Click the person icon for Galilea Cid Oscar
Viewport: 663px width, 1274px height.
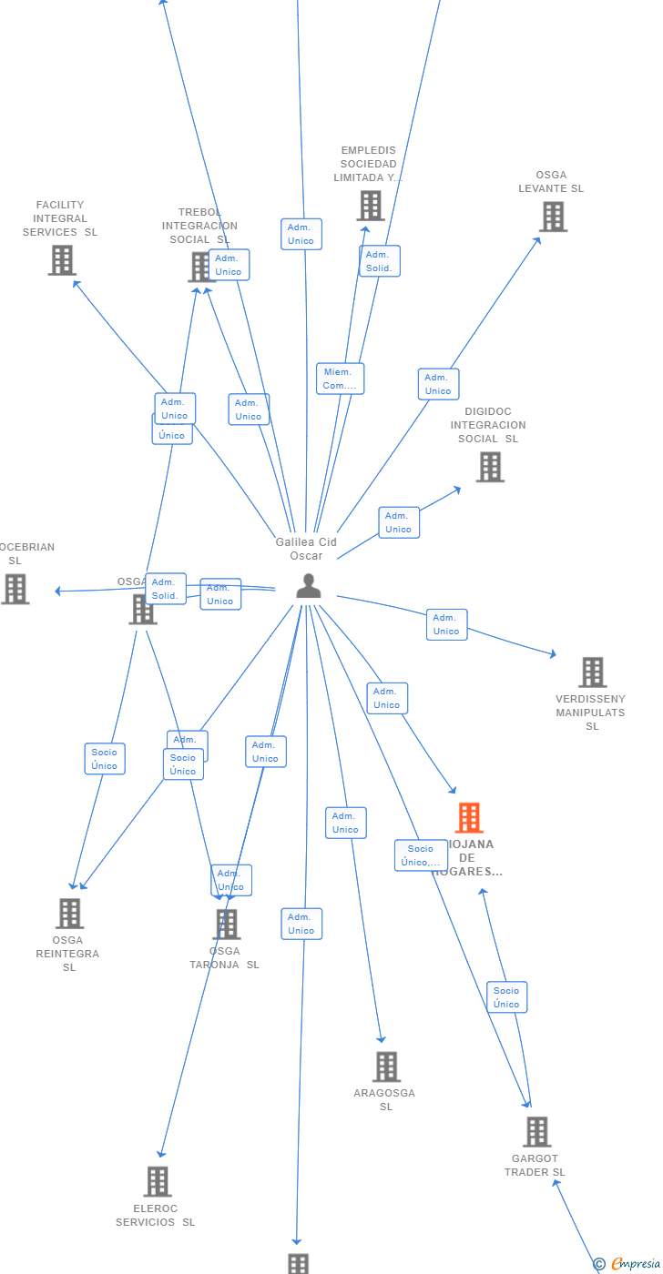[309, 587]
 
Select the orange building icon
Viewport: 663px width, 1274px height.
[469, 818]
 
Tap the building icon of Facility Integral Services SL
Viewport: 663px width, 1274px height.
[62, 260]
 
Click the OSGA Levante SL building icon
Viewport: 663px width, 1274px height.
[554, 217]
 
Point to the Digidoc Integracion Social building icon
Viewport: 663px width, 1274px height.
[490, 467]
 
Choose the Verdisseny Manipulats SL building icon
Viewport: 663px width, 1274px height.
[592, 672]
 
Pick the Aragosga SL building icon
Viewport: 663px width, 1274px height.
[386, 1067]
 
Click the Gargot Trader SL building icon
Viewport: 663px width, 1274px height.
[536, 1132]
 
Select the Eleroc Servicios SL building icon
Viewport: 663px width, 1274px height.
[158, 1181]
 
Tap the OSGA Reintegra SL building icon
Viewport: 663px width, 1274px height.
[69, 914]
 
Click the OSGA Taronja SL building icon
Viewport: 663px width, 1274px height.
[226, 925]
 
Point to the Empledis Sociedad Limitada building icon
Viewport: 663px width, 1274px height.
[371, 206]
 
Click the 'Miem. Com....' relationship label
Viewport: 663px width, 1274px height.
[340, 379]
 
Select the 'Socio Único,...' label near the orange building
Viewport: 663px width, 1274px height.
[421, 855]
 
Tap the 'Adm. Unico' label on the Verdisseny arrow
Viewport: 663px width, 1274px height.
[446, 624]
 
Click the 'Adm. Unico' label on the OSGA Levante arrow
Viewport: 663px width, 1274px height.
[438, 384]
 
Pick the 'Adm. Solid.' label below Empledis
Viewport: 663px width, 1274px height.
[379, 261]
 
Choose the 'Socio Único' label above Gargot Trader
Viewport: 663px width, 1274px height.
[506, 997]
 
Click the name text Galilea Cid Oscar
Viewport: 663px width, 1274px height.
[307, 549]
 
